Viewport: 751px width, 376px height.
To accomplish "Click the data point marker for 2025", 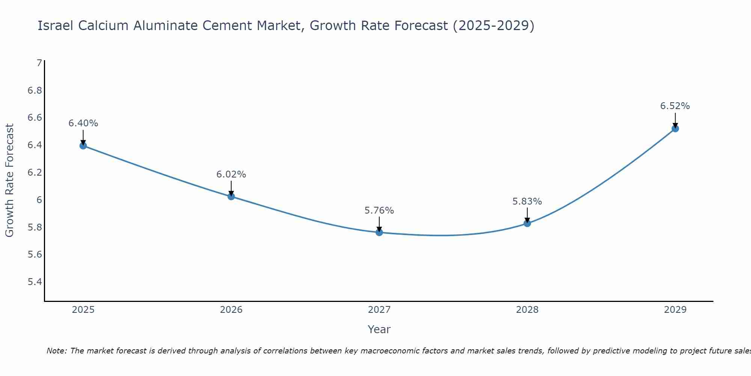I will coord(83,146).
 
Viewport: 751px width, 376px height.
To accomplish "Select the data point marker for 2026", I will coord(231,196).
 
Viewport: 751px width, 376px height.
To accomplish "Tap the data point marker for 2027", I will coord(379,232).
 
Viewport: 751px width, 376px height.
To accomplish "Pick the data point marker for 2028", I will coord(527,223).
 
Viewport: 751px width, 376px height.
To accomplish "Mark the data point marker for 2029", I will coord(675,129).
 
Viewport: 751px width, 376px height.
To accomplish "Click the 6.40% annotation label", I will coord(83,123).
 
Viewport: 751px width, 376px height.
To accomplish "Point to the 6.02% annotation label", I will coord(231,174).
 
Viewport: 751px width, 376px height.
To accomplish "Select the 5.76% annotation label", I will coord(379,211).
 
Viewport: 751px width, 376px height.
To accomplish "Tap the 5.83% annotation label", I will coord(527,202).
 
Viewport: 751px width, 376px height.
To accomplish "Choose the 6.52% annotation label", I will coord(675,106).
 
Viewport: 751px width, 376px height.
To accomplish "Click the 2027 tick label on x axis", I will coord(379,310).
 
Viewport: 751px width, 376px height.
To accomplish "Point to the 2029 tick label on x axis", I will coord(675,310).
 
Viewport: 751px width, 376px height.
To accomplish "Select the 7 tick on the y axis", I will coord(39,63).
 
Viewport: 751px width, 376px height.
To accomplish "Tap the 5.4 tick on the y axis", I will coord(35,282).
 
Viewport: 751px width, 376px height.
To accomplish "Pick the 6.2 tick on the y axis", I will coord(35,173).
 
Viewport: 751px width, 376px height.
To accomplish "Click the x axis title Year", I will coord(379,329).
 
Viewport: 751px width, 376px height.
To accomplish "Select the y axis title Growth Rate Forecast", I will coord(9,180).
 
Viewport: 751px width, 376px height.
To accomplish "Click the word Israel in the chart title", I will coord(55,26).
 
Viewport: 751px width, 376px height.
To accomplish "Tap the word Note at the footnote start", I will coord(56,351).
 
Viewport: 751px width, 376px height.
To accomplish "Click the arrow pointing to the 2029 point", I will coord(675,120).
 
